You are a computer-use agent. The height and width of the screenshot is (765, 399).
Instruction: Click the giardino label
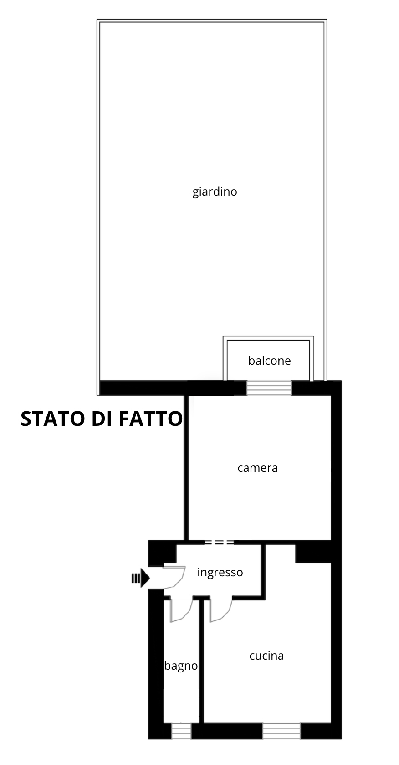215,191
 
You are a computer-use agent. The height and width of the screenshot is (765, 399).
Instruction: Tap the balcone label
270,361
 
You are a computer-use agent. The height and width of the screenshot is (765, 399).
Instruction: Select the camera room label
258,468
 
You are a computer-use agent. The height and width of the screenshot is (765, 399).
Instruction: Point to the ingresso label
220,573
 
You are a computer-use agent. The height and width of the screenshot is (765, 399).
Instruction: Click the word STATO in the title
52,419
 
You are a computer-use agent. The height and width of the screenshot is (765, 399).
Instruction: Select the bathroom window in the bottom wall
181,731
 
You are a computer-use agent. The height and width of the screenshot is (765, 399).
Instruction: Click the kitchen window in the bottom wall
281,731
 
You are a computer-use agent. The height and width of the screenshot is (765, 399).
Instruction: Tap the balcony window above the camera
269,388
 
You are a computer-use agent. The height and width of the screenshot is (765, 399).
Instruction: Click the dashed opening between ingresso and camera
219,543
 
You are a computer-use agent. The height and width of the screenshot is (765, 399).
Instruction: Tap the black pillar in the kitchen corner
313,553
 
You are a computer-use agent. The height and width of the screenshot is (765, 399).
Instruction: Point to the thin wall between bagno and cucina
201,661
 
